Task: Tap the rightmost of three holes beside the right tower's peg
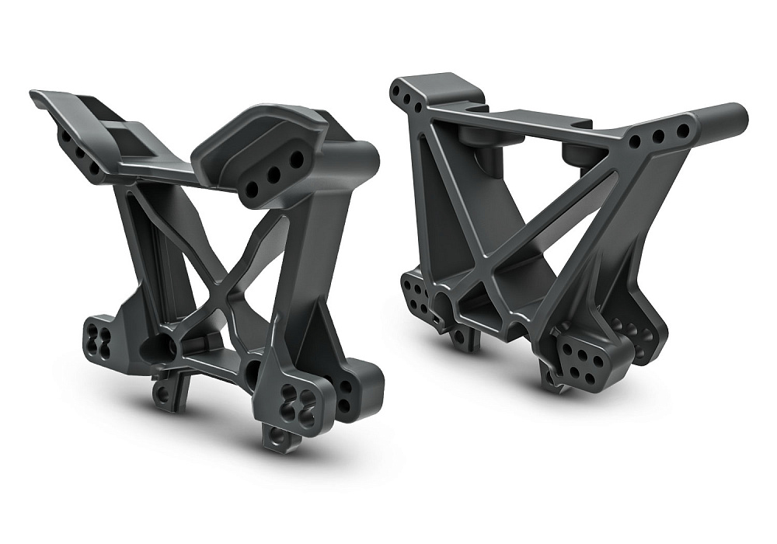pos(681,131)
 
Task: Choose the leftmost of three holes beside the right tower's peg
pos(636,142)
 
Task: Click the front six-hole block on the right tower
pos(579,361)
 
